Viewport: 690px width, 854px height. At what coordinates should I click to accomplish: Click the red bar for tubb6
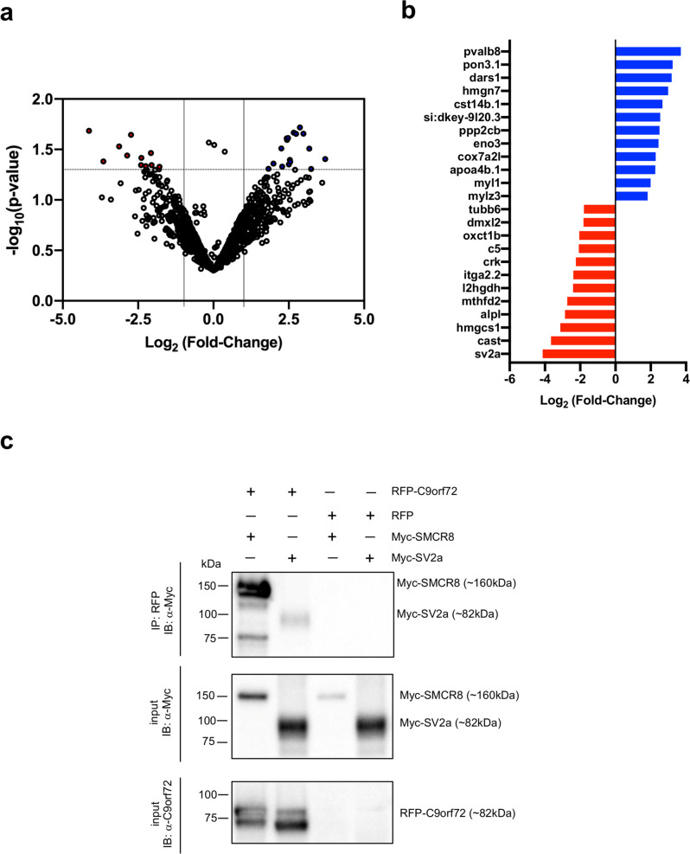click(x=599, y=209)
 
